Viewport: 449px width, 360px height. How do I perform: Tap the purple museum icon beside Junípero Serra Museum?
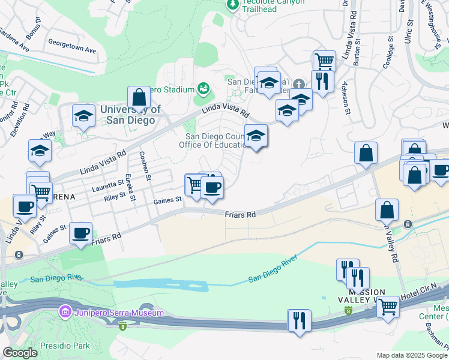click(x=64, y=313)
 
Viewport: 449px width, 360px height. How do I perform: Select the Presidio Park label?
click(x=66, y=346)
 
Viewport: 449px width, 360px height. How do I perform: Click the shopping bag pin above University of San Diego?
click(x=139, y=98)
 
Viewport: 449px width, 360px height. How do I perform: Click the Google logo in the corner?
click(x=20, y=353)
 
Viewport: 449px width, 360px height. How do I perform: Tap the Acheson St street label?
click(x=345, y=97)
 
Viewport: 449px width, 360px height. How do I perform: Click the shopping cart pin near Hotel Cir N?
click(x=388, y=307)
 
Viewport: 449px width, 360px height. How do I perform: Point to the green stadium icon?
click(x=203, y=89)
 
